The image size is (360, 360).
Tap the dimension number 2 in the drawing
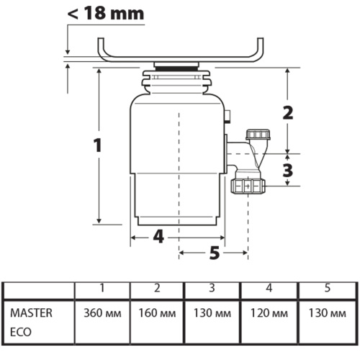tap(288, 112)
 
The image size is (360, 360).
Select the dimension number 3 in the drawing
tap(288, 171)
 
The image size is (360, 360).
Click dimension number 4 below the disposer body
tap(158, 236)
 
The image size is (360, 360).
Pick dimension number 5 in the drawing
tap(214, 252)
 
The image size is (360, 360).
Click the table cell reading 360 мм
tap(103, 315)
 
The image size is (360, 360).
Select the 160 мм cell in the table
tap(157, 315)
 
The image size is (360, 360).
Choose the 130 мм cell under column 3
tap(212, 315)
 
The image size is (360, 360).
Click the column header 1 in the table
tap(103, 289)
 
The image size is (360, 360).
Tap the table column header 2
tap(157, 289)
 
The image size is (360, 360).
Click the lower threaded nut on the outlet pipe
tap(248, 187)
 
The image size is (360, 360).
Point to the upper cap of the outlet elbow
tap(256, 135)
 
